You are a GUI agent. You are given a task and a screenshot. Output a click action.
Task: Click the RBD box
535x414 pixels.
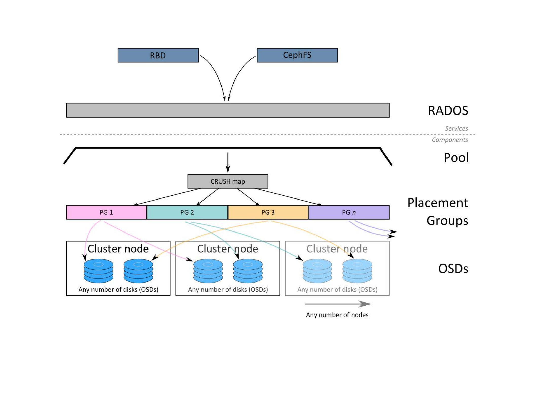tap(158, 55)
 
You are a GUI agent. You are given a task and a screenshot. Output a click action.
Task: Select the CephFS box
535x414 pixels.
tap(297, 55)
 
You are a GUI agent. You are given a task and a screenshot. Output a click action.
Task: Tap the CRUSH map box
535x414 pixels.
tap(228, 181)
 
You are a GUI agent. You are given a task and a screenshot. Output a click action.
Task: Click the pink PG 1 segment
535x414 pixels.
tap(106, 212)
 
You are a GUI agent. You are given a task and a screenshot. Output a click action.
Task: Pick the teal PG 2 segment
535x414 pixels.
tap(187, 212)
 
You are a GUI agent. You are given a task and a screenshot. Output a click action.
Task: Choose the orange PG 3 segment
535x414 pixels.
tap(268, 212)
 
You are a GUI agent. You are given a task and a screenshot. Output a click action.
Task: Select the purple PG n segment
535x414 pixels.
tap(349, 212)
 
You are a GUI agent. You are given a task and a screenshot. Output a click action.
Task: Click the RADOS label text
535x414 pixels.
tap(448, 111)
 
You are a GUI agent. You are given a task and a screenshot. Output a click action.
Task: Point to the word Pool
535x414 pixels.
tap(456, 158)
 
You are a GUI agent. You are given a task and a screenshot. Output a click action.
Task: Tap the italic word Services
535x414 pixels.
tap(456, 128)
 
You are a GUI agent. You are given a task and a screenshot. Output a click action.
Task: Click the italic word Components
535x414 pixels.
tap(450, 140)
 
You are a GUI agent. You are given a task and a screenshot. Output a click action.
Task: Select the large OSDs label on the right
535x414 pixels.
tap(453, 269)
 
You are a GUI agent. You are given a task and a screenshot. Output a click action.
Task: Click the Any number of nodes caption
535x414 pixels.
tap(337, 315)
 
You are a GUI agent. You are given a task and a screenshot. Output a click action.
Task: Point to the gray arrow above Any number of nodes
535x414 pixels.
tap(337, 304)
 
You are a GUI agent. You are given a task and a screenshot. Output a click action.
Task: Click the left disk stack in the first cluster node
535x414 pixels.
tap(98, 271)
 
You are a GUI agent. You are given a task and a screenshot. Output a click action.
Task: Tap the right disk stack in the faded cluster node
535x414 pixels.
tap(357, 271)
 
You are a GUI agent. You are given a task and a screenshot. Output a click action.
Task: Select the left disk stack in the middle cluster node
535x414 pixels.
tap(208, 271)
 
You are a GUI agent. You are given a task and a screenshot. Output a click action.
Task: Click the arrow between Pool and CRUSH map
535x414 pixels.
tap(228, 162)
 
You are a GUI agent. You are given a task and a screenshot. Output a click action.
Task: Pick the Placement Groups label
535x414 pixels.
tap(438, 211)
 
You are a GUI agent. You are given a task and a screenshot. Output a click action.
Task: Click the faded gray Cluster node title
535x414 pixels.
tap(337, 249)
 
